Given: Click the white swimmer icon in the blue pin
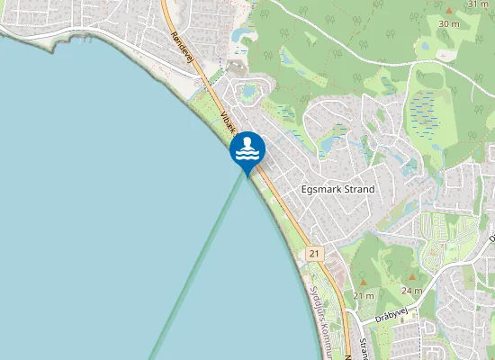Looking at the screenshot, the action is click(247, 148).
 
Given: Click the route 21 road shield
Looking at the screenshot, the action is click(313, 255).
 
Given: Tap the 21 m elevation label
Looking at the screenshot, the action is click(364, 296).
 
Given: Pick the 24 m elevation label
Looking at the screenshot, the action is click(411, 291).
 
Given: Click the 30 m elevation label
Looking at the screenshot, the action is click(448, 23).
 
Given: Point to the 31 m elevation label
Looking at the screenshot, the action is click(478, 4).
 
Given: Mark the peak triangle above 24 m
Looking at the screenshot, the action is click(412, 278).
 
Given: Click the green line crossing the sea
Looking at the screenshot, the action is click(198, 270).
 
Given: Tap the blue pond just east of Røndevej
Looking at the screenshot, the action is click(242, 35).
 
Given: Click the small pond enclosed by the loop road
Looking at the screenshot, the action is click(249, 90).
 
